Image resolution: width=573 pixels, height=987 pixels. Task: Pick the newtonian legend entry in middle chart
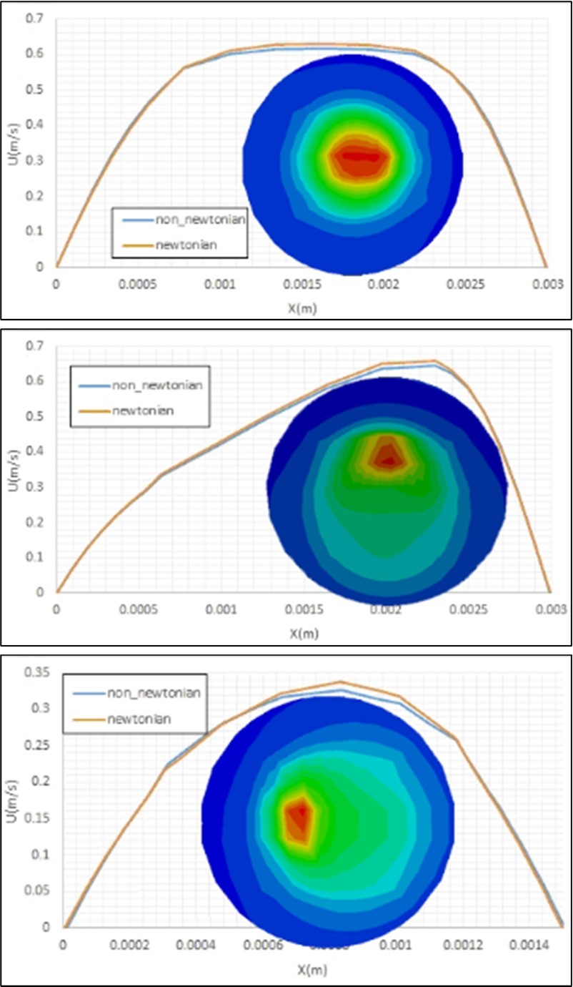(144, 411)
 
